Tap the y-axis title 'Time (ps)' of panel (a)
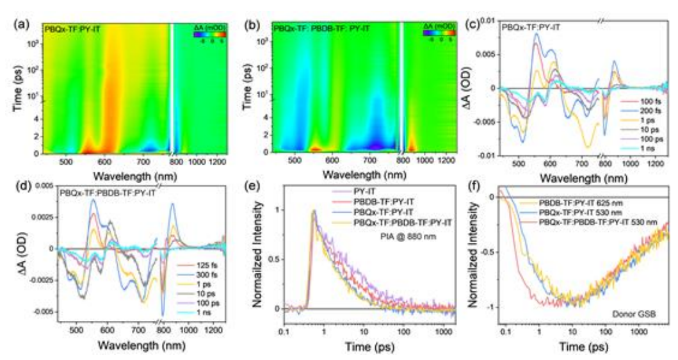click(x=15, y=88)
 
